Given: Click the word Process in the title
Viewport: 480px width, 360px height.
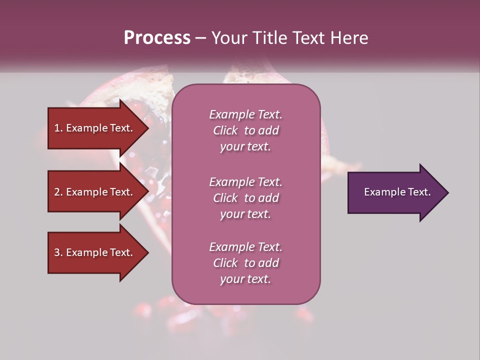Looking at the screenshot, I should [x=157, y=38].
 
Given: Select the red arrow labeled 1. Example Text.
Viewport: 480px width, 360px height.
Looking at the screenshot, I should [x=95, y=128].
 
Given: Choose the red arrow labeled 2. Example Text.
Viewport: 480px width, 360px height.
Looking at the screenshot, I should [x=95, y=192].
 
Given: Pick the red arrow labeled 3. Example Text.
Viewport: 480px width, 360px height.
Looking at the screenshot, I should [x=95, y=252].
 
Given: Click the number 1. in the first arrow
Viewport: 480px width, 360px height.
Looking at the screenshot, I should [x=58, y=128].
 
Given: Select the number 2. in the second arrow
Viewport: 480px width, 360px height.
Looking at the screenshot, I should [x=58, y=192].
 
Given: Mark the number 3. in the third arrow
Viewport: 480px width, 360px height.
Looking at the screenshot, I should [x=58, y=252].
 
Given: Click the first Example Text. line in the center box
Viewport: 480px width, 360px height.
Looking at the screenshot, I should [x=245, y=114].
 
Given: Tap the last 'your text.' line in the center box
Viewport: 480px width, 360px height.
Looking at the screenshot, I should [x=245, y=279].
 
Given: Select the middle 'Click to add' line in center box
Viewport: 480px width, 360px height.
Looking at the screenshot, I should [x=245, y=198].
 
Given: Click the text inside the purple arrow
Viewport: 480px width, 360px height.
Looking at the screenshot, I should [x=397, y=192].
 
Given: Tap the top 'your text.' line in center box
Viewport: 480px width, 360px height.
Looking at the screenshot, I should [x=245, y=146].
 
